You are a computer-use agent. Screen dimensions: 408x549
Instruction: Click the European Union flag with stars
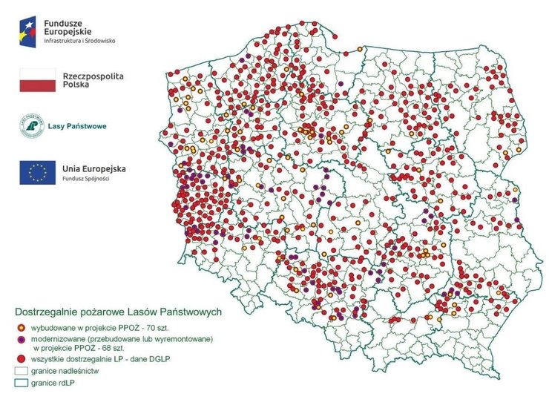(x=38, y=173)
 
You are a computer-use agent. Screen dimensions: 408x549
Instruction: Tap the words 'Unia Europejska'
(x=94, y=168)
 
